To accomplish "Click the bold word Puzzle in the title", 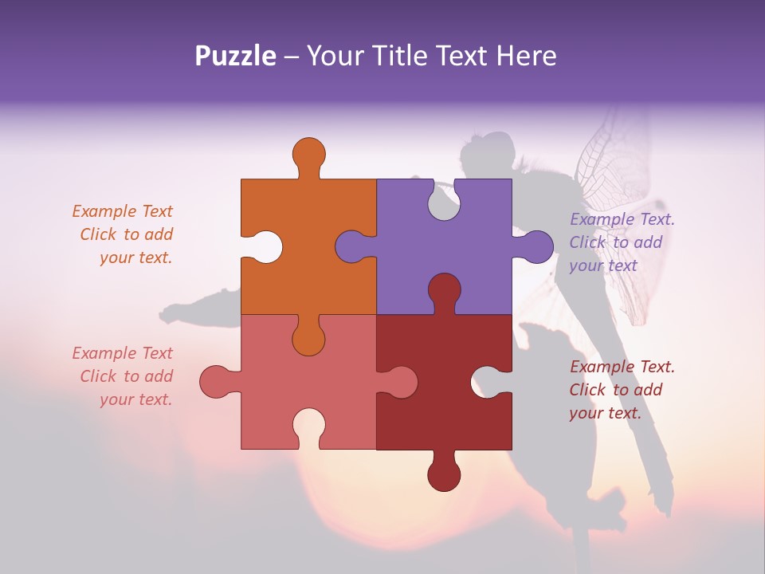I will pos(235,56).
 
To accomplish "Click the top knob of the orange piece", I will pos(308,153).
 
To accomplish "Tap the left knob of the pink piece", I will pos(214,381).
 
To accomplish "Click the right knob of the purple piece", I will pos(537,246).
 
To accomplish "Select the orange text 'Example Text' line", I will pos(122,211).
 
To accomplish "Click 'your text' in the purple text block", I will pos(603,265).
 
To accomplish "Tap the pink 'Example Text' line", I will pos(122,353).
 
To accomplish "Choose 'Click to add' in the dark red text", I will pos(615,390).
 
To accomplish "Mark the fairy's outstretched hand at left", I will pos(171,313).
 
